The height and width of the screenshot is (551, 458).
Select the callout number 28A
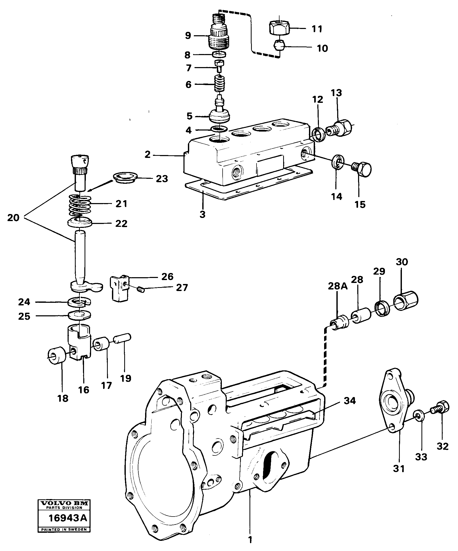[x=338, y=286]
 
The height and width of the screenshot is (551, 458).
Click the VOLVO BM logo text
[x=64, y=503]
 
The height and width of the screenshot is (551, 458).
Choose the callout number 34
[x=350, y=401]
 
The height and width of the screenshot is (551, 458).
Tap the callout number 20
[x=13, y=217]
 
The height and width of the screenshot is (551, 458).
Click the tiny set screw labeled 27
[x=141, y=289]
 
